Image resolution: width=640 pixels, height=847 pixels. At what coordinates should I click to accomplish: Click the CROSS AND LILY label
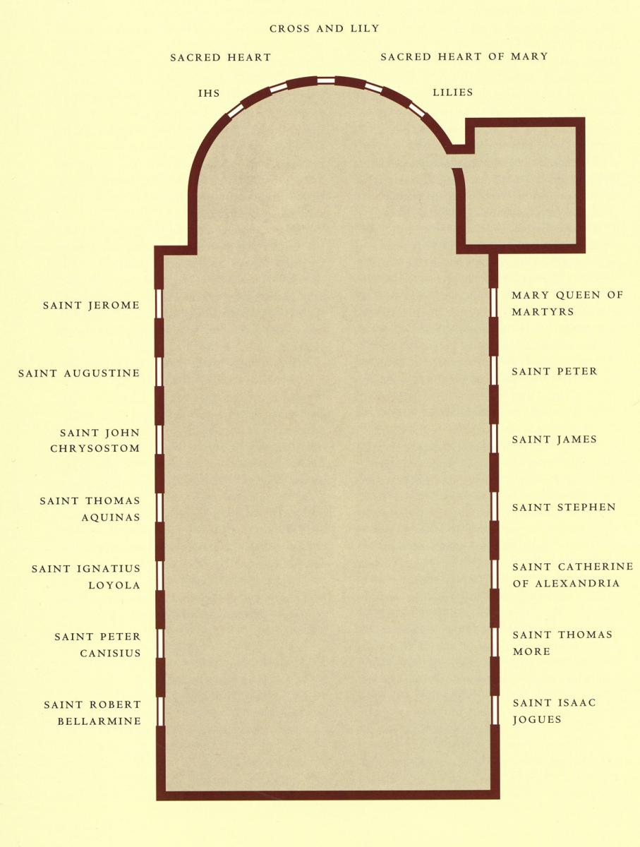coord(325,29)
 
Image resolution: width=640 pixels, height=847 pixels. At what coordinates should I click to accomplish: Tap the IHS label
coord(209,93)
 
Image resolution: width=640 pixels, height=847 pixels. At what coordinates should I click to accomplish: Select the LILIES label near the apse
coord(452,92)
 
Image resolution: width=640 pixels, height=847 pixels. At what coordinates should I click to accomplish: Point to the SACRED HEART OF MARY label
coord(464,56)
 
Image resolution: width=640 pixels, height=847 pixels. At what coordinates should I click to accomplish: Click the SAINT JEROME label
coord(91,306)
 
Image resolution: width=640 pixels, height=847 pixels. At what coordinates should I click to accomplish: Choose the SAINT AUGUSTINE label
coord(79,373)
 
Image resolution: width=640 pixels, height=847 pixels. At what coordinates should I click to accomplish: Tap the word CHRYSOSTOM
coord(95,449)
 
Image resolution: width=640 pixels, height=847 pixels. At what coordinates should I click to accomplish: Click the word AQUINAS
coord(111,517)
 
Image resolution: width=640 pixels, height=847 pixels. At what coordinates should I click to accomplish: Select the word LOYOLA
coord(114,585)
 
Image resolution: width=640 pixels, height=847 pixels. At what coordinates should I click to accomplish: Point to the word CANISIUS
coord(110,654)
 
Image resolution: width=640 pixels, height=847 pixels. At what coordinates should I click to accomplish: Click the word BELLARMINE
coord(99,721)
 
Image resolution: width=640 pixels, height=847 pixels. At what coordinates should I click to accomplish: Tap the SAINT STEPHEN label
coord(564,507)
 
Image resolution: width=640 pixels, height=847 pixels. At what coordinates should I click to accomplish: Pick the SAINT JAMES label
coord(555,439)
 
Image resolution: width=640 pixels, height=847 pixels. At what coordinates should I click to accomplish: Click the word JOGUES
coord(537,720)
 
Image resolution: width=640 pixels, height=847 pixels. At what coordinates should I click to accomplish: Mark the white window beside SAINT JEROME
coord(159,304)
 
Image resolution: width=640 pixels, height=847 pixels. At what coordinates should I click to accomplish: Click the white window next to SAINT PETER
coord(493,371)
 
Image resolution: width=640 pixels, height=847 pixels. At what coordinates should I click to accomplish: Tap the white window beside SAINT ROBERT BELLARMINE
coord(160,711)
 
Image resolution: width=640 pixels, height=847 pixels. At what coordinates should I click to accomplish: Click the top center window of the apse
coord(325,80)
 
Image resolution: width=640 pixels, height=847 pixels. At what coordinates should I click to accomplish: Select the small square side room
coord(521,186)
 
